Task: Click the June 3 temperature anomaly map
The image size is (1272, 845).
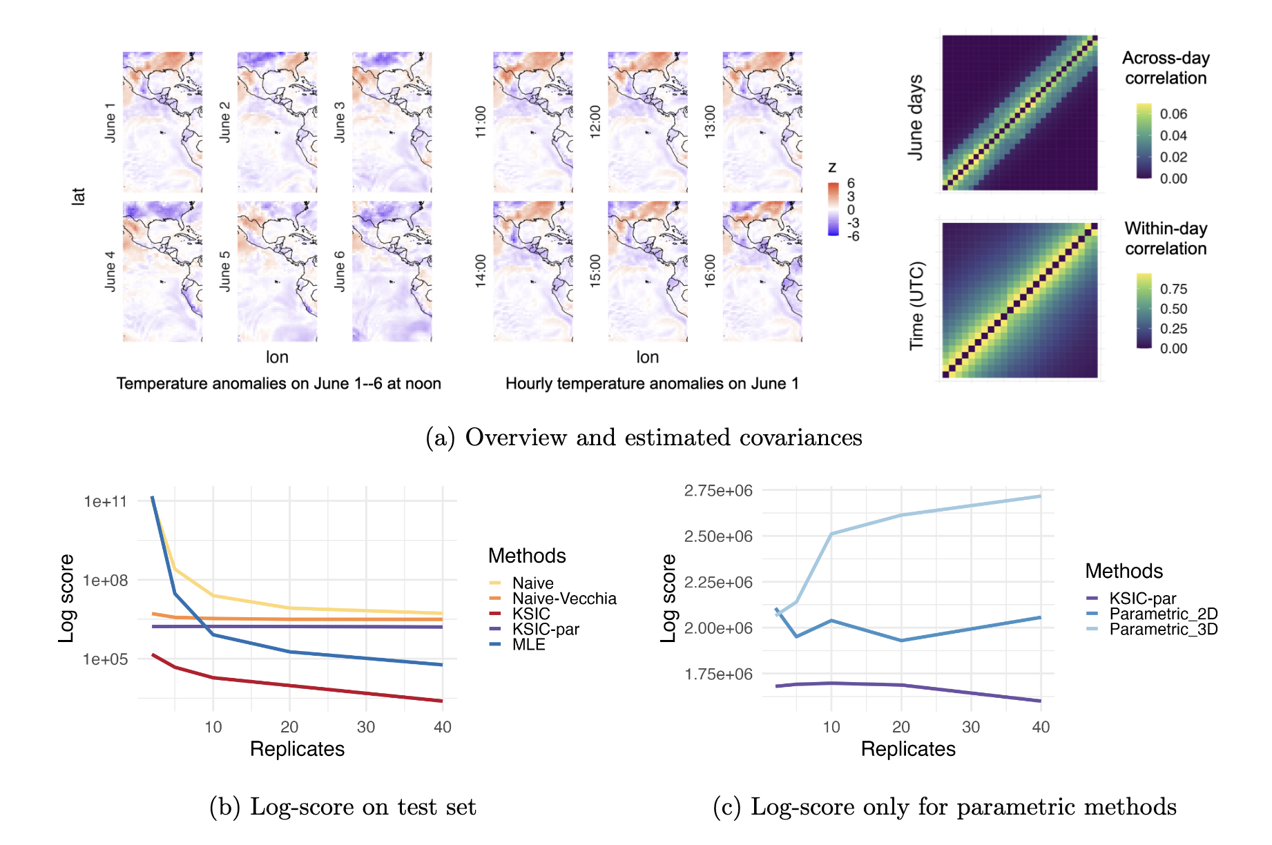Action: coord(392,122)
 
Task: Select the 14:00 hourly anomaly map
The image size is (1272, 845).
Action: coord(533,271)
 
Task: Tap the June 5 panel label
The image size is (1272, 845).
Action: coord(224,271)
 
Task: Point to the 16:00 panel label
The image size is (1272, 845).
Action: coord(710,271)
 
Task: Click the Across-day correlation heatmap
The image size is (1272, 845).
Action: coord(1020,113)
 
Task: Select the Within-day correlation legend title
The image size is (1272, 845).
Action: coord(1166,238)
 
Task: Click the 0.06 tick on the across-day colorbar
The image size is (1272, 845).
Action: coord(1173,114)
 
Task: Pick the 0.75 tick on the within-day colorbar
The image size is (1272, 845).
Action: coord(1173,289)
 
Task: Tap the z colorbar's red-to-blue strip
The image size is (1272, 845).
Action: coord(833,209)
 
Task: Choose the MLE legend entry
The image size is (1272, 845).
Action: coord(517,644)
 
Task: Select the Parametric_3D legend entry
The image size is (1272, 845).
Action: coord(1152,629)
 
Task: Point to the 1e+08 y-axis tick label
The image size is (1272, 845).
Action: coord(106,581)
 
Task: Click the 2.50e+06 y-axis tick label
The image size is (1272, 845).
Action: coord(718,536)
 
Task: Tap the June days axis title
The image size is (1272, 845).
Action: coord(916,118)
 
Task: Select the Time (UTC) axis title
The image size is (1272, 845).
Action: coord(916,306)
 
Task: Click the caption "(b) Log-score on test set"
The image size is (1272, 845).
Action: coord(343,806)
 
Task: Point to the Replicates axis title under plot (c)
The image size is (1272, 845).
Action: coord(908,749)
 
